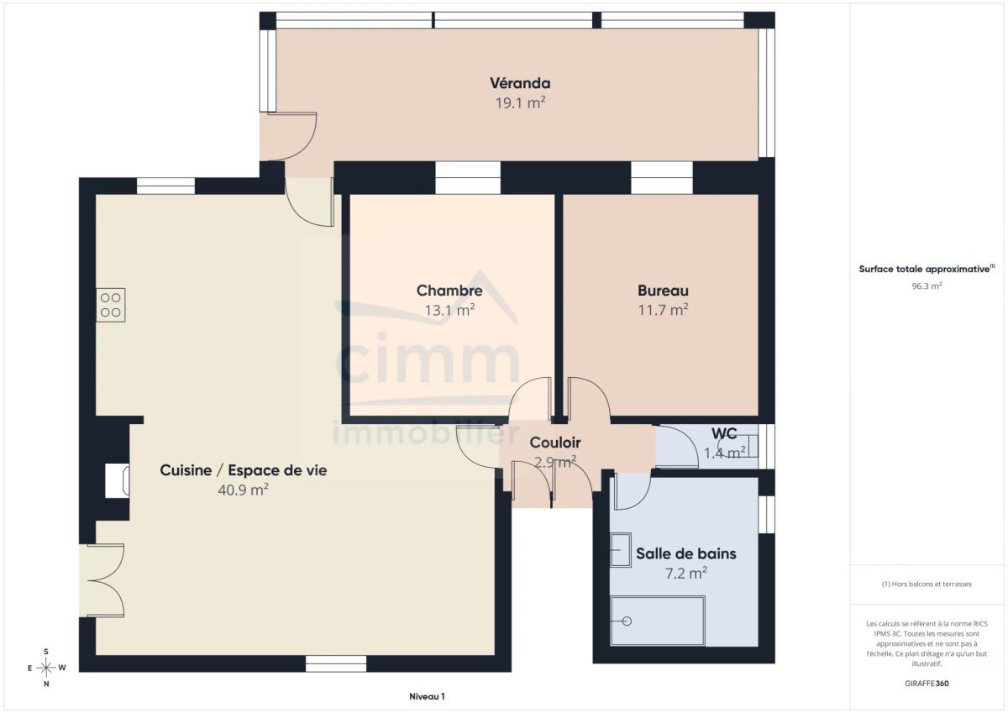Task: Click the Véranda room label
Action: pos(520,83)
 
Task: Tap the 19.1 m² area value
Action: pos(520,103)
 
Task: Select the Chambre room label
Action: pos(449,291)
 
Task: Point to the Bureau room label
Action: pos(663,291)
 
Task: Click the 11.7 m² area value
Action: pos(663,310)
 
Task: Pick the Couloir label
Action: pos(555,443)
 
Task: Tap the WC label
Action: pos(724,433)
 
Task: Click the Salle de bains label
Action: pos(685,553)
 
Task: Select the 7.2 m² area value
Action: pos(685,574)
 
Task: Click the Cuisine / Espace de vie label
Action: pos(244,470)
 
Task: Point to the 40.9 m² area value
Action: pos(244,490)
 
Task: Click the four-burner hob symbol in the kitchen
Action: pos(111,305)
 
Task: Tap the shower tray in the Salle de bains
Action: pos(658,621)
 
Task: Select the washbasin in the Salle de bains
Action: pos(621,550)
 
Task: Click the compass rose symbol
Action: pos(46,668)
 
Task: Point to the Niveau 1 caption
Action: pos(427,697)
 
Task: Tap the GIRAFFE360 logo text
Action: pos(927,684)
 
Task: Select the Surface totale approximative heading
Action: pos(927,269)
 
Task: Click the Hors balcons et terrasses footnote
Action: pos(927,585)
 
